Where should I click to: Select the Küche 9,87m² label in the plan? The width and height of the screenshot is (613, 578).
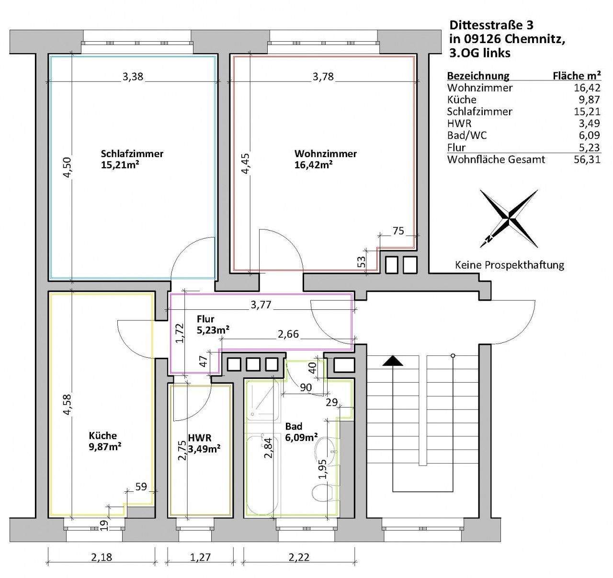(x=104, y=441)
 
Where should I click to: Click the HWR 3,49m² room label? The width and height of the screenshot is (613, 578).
(x=204, y=443)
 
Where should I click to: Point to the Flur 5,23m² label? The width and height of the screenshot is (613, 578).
(x=212, y=324)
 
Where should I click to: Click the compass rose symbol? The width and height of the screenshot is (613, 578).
(x=509, y=218)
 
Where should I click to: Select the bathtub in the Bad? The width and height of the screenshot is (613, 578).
(x=261, y=474)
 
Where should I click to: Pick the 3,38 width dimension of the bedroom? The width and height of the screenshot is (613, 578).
(x=133, y=77)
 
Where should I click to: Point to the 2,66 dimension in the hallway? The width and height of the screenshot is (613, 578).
(x=288, y=334)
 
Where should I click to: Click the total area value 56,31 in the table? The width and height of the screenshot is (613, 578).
(x=586, y=159)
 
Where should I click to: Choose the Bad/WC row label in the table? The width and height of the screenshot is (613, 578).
(x=466, y=136)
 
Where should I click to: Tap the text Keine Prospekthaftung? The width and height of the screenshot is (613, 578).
(x=509, y=265)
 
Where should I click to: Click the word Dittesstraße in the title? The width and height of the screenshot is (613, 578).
(x=485, y=25)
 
